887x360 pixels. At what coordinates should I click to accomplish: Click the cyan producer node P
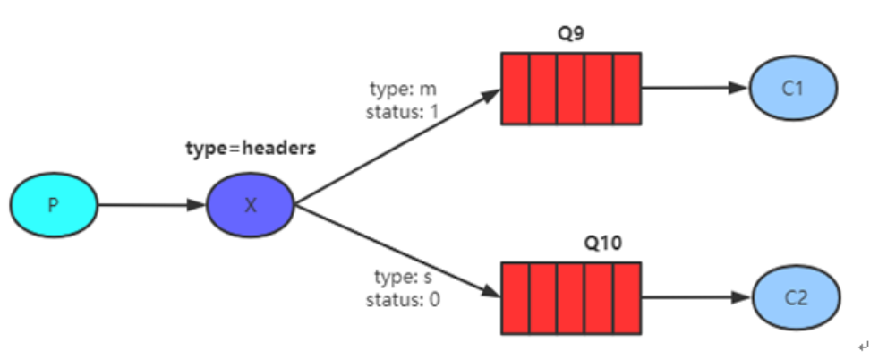[53, 205]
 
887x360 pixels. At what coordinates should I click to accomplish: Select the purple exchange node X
[250, 205]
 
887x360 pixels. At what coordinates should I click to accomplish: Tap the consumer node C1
[792, 88]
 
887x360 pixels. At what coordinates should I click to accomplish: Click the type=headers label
[251, 149]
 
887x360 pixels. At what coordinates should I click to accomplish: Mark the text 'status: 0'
[403, 299]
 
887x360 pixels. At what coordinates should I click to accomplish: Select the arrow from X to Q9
[397, 147]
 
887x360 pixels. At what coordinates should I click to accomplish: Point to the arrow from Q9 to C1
[695, 88]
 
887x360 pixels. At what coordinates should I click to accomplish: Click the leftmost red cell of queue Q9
[515, 88]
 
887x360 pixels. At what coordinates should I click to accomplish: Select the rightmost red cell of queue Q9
[627, 88]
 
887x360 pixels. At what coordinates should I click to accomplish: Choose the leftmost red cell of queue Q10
[515, 297]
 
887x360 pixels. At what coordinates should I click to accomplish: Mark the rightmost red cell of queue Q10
[627, 297]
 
